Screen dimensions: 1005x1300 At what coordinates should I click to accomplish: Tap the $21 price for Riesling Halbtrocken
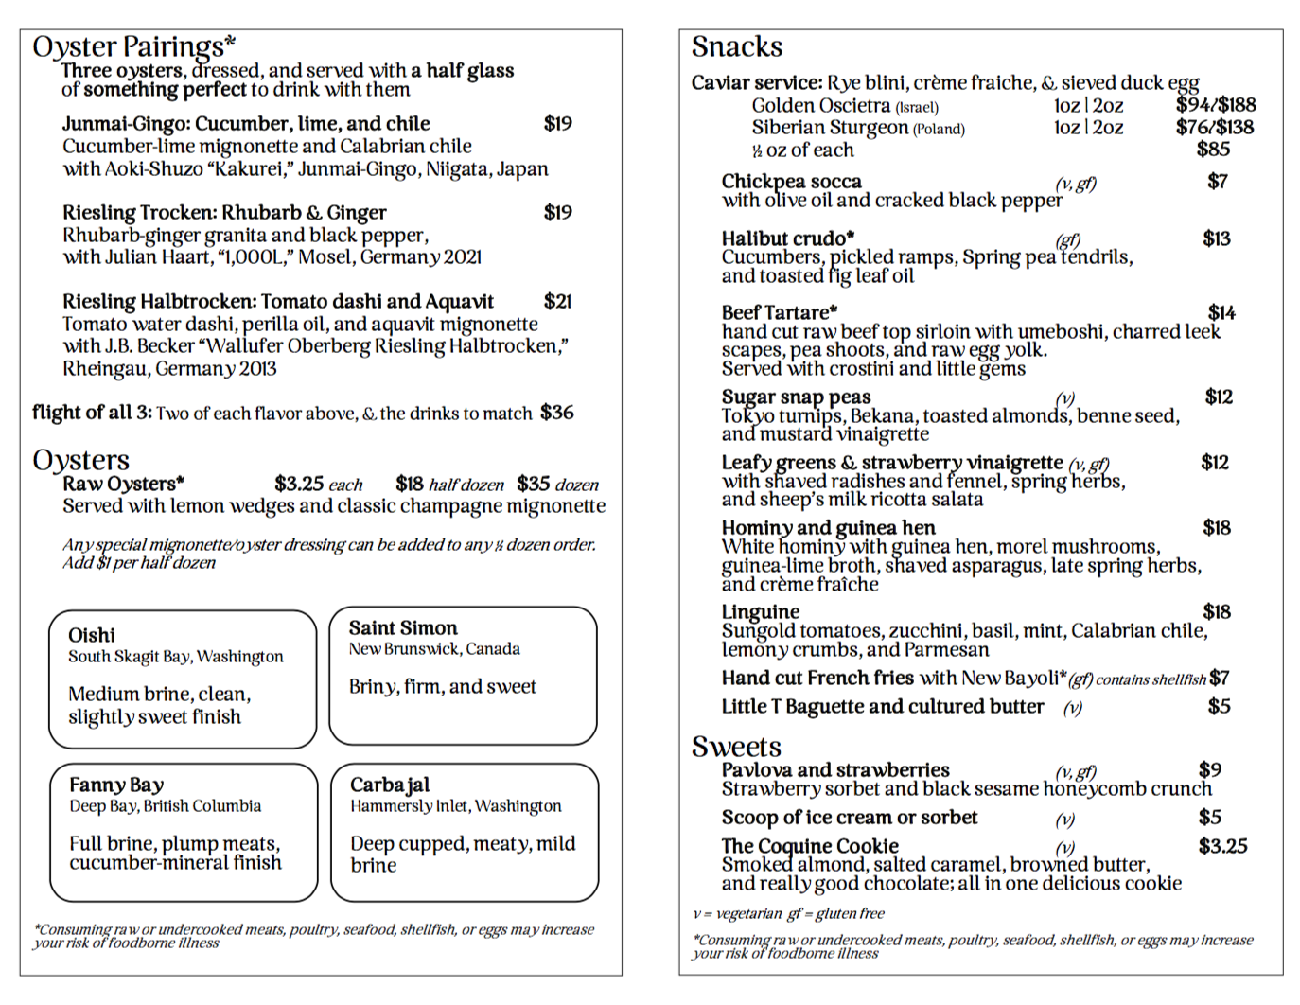(557, 302)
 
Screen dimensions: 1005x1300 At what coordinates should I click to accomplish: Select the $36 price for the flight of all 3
(557, 413)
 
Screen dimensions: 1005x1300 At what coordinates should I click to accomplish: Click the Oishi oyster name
(92, 635)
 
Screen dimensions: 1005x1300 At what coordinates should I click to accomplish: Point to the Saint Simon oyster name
(402, 628)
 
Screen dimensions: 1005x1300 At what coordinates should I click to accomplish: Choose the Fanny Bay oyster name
(116, 785)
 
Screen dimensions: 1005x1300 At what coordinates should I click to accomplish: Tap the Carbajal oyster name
(390, 785)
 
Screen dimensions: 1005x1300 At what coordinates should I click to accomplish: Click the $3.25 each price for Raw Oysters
(299, 485)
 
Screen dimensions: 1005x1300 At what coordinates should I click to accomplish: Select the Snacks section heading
(737, 46)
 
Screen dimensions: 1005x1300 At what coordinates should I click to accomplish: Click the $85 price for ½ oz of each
(1213, 150)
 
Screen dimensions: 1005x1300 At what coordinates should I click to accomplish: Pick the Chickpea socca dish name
(791, 181)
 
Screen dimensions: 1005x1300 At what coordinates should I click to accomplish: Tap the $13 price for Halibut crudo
(1217, 238)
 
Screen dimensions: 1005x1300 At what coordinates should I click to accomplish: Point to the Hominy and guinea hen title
(828, 527)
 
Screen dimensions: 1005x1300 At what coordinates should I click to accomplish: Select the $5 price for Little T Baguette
(1219, 706)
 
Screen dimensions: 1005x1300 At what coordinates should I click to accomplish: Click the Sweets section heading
(736, 747)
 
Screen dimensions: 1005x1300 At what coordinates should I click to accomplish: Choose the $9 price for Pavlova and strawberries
(1209, 770)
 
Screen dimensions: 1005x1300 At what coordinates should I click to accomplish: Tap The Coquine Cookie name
(810, 845)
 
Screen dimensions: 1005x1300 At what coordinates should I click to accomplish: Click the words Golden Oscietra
(820, 105)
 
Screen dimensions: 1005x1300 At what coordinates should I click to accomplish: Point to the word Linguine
(760, 611)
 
